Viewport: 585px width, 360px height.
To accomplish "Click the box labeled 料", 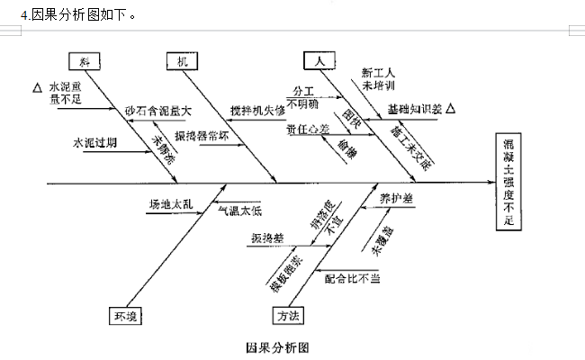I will click(x=85, y=61).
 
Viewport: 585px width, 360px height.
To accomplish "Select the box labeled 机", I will click(x=183, y=61).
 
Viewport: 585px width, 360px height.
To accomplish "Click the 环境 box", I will click(x=125, y=315).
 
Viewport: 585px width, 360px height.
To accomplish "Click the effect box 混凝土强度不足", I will click(x=509, y=183).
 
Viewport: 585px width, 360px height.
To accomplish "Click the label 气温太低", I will click(x=239, y=211).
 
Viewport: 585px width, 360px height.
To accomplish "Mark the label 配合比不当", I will click(x=353, y=279).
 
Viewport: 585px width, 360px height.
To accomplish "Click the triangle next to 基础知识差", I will click(x=451, y=109).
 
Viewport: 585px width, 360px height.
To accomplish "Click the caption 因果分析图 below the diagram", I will click(x=279, y=346).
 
